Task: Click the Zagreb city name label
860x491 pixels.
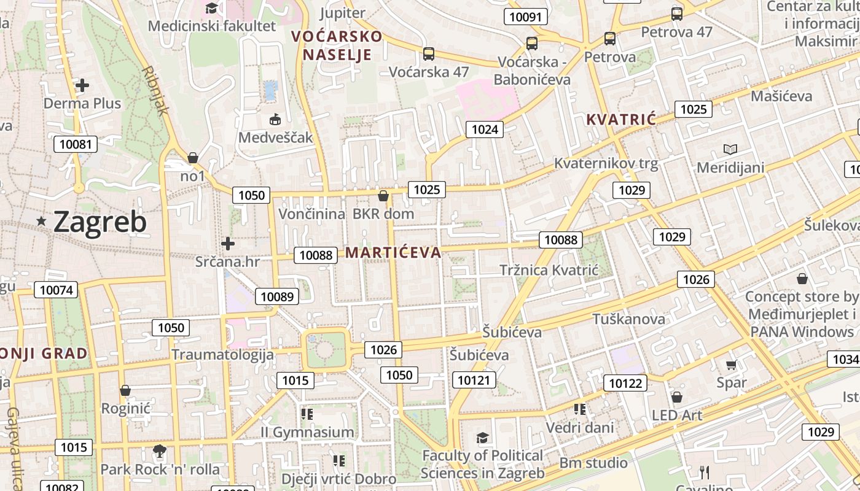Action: click(100, 222)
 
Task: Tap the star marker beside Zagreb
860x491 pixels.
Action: click(41, 221)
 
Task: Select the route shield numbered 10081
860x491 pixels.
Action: click(76, 145)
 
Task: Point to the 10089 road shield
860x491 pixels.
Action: click(277, 296)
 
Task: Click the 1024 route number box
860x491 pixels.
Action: click(485, 129)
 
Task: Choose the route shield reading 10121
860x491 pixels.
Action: click(474, 381)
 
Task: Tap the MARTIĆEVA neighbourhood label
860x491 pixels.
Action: click(393, 252)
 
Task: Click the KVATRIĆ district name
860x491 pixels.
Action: click(621, 119)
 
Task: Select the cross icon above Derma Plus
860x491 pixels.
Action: click(82, 85)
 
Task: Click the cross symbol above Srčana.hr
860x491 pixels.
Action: click(228, 244)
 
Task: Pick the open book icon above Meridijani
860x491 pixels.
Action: click(730, 149)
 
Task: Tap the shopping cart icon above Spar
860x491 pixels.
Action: click(731, 365)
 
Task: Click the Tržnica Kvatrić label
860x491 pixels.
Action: click(549, 270)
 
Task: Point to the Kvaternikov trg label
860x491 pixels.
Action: click(606, 163)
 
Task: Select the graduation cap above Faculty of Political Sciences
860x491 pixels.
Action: click(482, 438)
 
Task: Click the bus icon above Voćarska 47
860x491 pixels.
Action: click(429, 54)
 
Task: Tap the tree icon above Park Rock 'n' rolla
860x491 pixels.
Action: click(159, 452)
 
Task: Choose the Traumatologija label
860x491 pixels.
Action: click(222, 354)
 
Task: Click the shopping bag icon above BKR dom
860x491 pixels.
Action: click(383, 196)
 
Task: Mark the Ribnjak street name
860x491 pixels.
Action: click(155, 90)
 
